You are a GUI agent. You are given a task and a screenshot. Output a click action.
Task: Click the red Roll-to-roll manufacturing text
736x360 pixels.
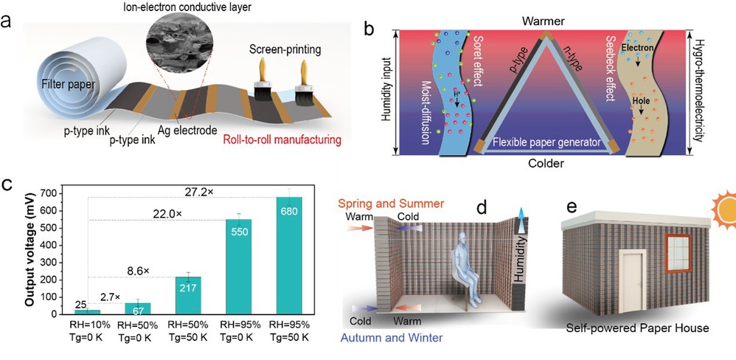[x=288, y=139]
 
